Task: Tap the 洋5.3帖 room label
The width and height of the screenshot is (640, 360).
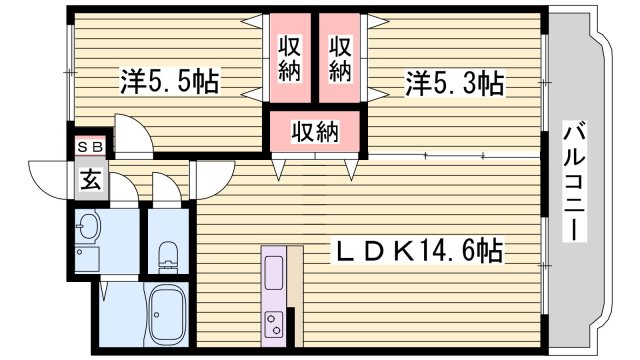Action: tap(453, 84)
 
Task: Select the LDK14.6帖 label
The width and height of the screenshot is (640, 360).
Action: tap(417, 250)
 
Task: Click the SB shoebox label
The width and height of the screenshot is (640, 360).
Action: tap(89, 146)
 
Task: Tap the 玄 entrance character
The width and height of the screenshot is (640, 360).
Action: tap(89, 180)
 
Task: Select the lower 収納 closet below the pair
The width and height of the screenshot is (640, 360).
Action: tap(315, 130)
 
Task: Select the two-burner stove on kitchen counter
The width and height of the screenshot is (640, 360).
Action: tap(274, 322)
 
